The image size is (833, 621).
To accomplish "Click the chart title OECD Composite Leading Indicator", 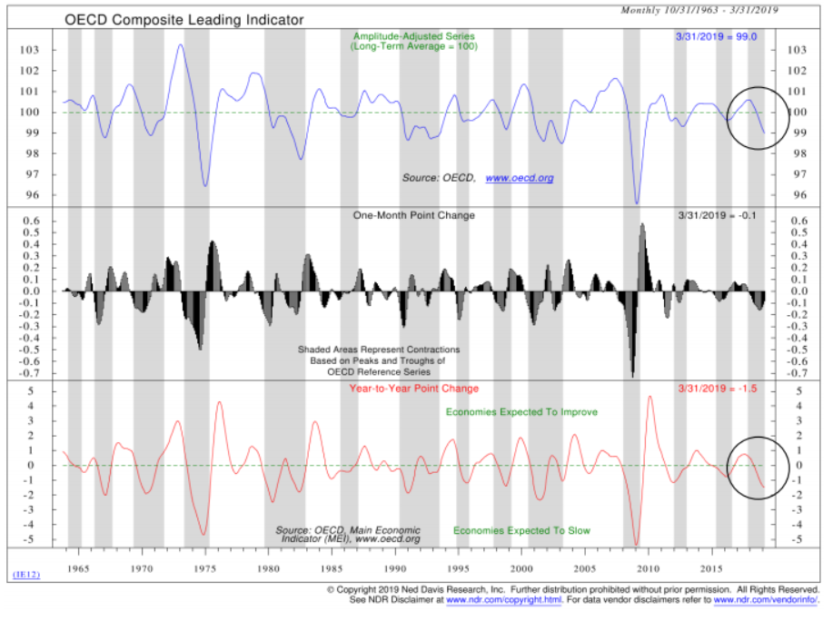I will pos(183,19).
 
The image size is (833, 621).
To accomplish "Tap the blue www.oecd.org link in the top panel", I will pos(519,178).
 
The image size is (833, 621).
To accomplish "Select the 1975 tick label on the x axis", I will pos(204,568).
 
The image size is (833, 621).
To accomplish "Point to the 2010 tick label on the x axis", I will pos(648,568).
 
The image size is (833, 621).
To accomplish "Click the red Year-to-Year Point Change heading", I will pos(414,389).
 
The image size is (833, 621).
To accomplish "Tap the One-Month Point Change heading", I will pos(414,215).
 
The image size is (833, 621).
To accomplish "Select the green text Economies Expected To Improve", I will pos(521,412).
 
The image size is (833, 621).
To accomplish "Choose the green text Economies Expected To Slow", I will pos(514,530).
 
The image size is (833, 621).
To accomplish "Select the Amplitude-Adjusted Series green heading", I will pos(413,37).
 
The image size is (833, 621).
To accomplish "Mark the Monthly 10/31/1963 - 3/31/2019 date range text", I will pos(699,11).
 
